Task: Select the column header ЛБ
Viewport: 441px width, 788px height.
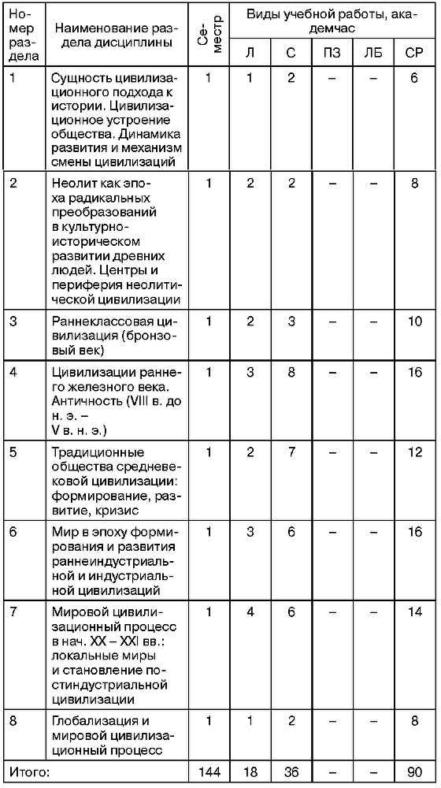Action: coord(372,54)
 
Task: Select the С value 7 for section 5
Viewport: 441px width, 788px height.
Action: coord(291,454)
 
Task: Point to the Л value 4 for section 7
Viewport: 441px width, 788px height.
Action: coord(250,612)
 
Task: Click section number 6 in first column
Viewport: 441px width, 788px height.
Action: coord(13,532)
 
